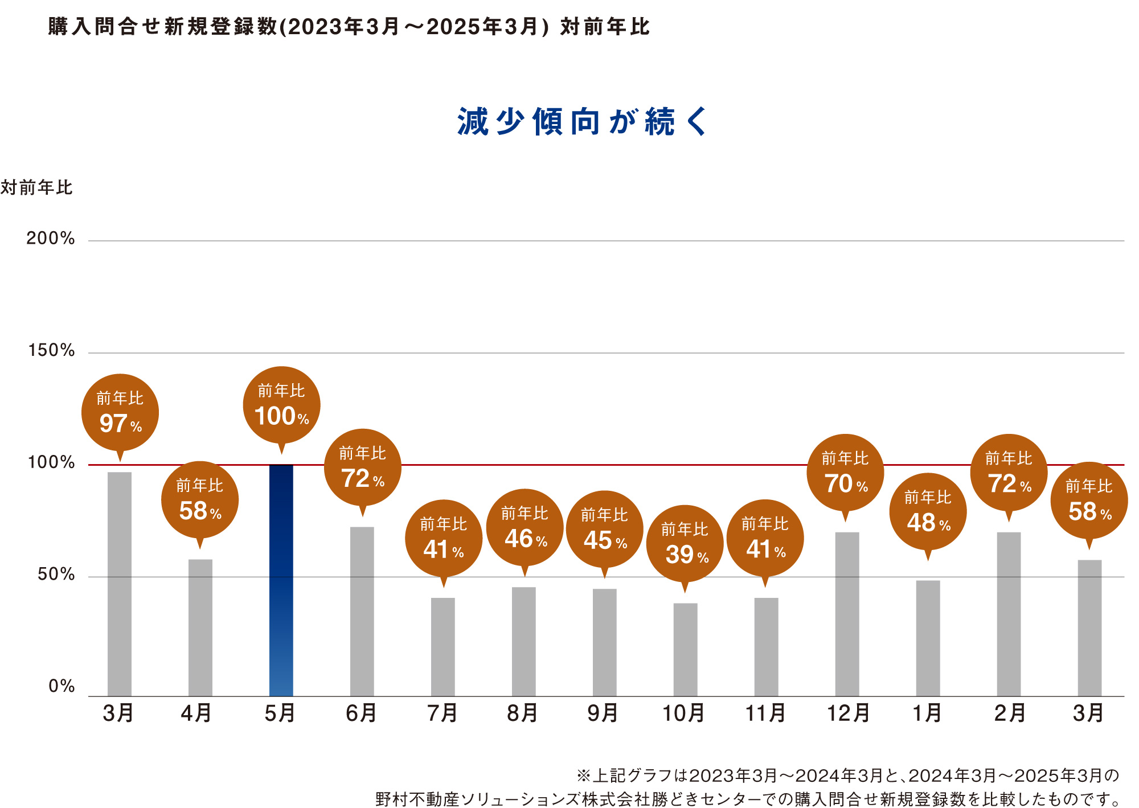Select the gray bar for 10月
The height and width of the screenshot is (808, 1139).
pyautogui.click(x=685, y=649)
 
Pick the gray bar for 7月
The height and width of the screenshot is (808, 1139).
pyautogui.click(x=443, y=646)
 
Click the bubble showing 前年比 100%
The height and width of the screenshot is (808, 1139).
pyautogui.click(x=281, y=405)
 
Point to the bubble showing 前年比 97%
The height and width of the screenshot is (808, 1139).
pyautogui.click(x=120, y=412)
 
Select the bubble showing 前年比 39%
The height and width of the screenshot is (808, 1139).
pyautogui.click(x=685, y=544)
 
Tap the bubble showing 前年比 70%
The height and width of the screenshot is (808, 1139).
pyautogui.click(x=846, y=473)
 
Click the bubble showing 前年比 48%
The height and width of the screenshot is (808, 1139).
pyautogui.click(x=928, y=511)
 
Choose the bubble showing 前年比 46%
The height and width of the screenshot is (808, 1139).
pyautogui.click(x=525, y=528)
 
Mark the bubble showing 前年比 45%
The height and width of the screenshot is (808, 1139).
pyautogui.click(x=605, y=530)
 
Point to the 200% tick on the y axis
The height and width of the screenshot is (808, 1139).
pyautogui.click(x=51, y=239)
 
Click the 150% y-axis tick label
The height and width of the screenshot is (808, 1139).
pyautogui.click(x=51, y=351)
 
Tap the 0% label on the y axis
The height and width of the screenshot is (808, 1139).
pyautogui.click(x=62, y=686)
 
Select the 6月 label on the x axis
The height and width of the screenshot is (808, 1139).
pyautogui.click(x=362, y=713)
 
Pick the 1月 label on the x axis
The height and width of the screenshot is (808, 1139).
pyautogui.click(x=927, y=713)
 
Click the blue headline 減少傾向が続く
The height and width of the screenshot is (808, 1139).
pyautogui.click(x=582, y=122)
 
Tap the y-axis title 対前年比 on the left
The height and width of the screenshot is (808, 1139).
pyautogui.click(x=36, y=187)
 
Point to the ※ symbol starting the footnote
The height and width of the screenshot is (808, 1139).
pyautogui.click(x=583, y=776)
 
